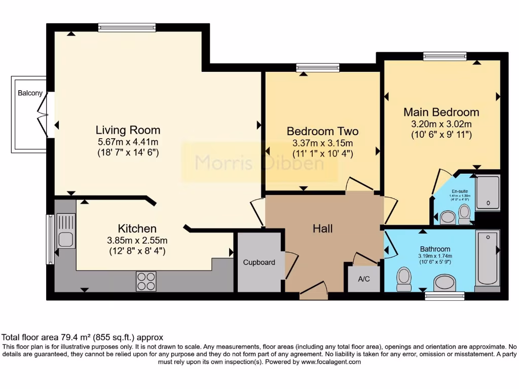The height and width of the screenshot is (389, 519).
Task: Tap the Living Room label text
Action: (128, 130)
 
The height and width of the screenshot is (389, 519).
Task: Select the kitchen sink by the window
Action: (66, 231)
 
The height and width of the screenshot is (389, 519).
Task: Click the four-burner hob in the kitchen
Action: (146, 282)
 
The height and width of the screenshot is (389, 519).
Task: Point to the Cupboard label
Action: (259, 262)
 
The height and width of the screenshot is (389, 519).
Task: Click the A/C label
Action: (363, 279)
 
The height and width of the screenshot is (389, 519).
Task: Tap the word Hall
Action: (322, 229)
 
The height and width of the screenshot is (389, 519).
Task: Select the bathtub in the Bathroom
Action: (488, 258)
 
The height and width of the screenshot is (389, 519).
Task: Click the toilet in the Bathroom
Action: (404, 279)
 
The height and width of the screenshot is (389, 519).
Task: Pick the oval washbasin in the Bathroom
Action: (446, 283)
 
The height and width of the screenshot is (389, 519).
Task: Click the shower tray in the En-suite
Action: (488, 193)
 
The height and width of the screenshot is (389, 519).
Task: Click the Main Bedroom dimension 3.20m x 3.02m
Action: (441, 124)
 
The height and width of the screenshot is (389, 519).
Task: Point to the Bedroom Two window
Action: (318, 67)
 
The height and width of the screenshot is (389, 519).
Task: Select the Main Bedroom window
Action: (444, 56)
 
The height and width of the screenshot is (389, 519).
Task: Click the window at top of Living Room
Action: (127, 28)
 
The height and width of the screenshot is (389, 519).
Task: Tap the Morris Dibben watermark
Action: (259, 163)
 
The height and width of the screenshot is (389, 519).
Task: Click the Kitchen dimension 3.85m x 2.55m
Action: (137, 240)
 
